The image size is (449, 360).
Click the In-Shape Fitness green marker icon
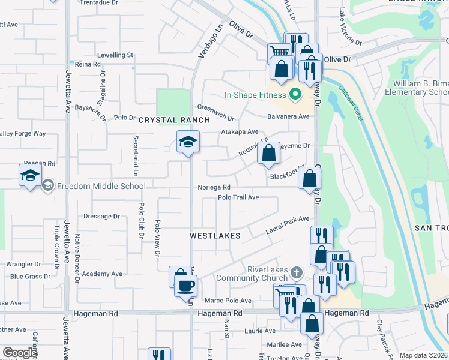pos(295,95)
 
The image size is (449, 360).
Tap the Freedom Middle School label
pos(101,186)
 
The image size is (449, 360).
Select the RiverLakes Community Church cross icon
pos(295,273)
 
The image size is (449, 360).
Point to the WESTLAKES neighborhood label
pos(215,236)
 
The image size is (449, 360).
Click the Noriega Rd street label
pos(214,188)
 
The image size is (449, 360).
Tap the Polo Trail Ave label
pos(238,197)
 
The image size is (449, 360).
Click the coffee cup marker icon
pos(186,284)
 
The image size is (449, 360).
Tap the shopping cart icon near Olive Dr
pos(279,52)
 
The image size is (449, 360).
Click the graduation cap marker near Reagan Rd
pos(30,176)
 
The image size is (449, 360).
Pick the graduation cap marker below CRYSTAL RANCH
pos(188,142)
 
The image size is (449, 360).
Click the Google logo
pos(20,353)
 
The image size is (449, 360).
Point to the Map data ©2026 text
pos(423,355)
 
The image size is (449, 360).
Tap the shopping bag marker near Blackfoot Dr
pos(309,178)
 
